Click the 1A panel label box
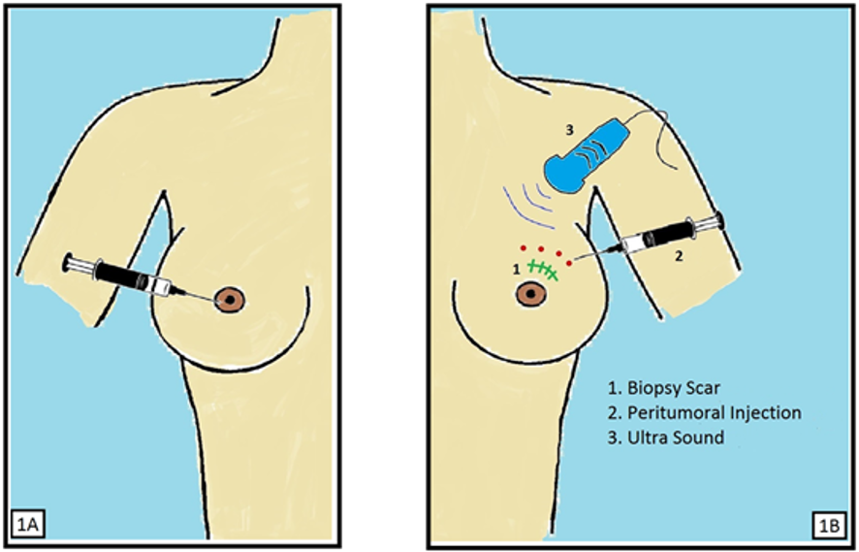(x=25, y=527)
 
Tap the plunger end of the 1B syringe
(x=718, y=221)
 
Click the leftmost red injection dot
(x=521, y=245)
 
